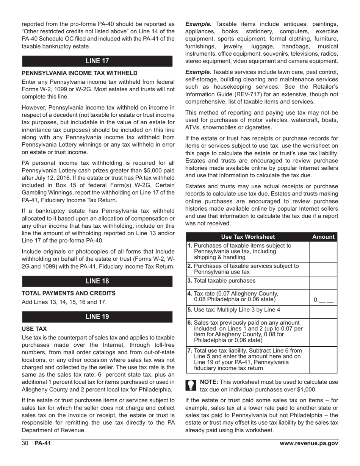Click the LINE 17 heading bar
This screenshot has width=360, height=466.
coord(97,61)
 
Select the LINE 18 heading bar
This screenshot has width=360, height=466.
coord(97,281)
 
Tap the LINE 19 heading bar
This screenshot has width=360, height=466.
coord(97,317)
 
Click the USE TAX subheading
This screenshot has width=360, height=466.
coord(34,329)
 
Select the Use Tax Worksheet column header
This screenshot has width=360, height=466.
coord(248,237)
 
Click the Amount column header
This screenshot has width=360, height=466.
coord(323,237)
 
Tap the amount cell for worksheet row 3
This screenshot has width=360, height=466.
coord(323,283)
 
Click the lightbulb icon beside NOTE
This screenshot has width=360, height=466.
coord(191,386)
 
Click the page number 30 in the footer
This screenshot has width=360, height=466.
coord(25,444)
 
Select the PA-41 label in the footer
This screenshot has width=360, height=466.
coord(43,444)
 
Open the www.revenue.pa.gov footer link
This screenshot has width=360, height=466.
coord(308,444)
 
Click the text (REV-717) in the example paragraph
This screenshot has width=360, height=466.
coord(252,94)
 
